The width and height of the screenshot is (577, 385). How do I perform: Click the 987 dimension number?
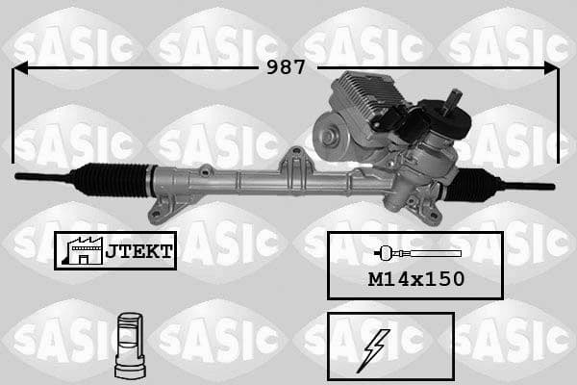pos(286,67)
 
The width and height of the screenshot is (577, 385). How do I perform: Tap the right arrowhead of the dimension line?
pos(550,68)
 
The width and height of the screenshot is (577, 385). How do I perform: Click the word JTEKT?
pos(138,251)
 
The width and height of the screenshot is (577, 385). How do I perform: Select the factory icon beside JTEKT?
pos(81,250)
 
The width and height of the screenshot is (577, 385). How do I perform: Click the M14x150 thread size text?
pos(415,279)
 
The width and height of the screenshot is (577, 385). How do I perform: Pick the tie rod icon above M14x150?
pos(415,253)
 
